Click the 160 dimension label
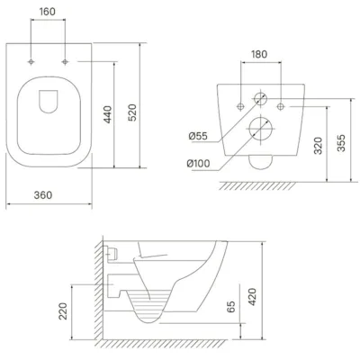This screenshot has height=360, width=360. (48, 12)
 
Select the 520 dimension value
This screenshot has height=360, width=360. (132, 112)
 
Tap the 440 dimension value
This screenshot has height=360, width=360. (107, 114)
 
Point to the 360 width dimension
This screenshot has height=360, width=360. (43, 195)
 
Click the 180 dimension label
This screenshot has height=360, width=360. (259, 54)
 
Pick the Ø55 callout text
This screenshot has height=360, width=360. (198, 136)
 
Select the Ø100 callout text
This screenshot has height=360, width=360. (198, 164)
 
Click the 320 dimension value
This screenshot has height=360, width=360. (318, 146)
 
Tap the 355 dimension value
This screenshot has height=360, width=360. (342, 143)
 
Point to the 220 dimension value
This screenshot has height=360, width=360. (63, 311)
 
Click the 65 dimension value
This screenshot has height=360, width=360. (230, 306)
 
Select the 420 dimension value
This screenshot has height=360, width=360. (252, 297)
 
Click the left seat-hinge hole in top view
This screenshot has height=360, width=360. (31, 62)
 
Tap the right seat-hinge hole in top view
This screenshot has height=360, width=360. (65, 62)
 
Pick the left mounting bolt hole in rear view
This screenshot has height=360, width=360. (240, 106)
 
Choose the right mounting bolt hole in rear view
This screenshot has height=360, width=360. (281, 106)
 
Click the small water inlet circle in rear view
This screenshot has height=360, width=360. (260, 98)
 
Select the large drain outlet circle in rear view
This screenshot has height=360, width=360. (260, 128)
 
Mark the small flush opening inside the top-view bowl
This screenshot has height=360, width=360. (48, 102)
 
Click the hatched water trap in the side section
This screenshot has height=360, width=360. (148, 306)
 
